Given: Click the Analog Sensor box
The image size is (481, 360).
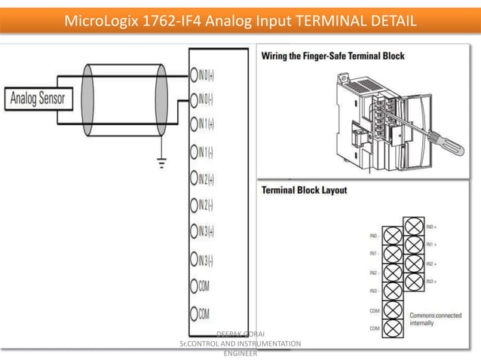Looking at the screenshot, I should click(36, 98).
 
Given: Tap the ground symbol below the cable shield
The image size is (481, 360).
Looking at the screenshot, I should click(161, 162).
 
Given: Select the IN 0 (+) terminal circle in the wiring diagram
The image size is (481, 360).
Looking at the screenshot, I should click(193, 75).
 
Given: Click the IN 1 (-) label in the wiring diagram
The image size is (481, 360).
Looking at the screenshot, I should click(205, 153).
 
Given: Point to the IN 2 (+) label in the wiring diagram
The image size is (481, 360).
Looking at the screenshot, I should click(206, 179).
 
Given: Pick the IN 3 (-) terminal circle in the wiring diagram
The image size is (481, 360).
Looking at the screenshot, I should click(193, 261).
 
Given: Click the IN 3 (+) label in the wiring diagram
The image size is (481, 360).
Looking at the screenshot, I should click(206, 232).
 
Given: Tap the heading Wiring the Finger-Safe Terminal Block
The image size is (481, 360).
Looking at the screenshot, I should click(332, 56).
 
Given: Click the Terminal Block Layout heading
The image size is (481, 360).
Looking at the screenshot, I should click(304, 191).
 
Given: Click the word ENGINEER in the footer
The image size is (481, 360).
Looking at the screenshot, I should click(240, 352).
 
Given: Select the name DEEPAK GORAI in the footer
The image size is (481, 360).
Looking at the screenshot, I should click(240, 334).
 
